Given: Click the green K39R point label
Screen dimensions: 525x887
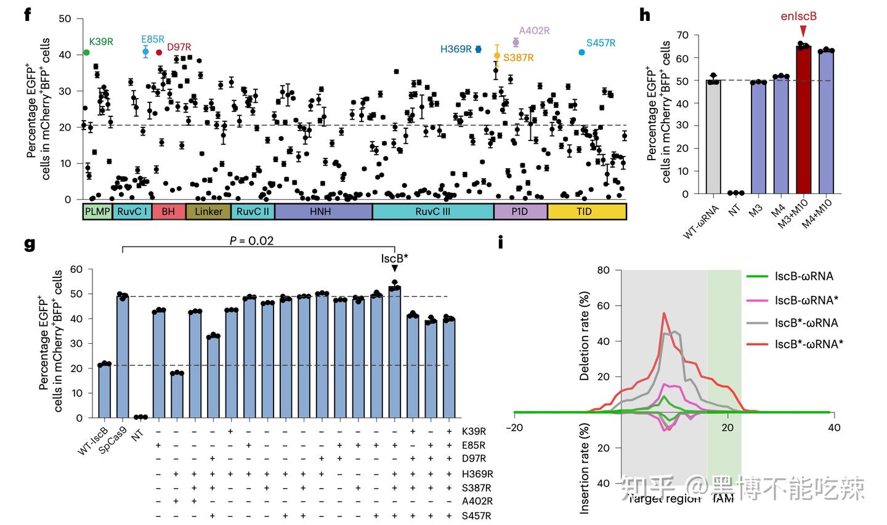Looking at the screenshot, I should click(101, 42).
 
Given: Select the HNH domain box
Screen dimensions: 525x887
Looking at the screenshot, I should click(323, 211).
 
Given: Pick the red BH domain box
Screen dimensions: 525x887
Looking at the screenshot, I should click(168, 211).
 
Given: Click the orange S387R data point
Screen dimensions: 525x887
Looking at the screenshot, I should click(496, 55).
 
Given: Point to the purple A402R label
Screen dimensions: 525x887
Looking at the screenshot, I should click(534, 31).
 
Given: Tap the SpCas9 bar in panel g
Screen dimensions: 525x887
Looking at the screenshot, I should click(123, 357).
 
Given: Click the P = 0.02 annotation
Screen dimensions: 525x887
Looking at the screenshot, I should click(251, 240).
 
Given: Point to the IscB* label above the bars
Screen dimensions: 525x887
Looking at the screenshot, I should click(394, 259).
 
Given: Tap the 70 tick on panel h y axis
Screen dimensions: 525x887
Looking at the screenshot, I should click(682, 35).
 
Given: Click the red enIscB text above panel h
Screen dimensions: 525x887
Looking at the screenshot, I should click(798, 17).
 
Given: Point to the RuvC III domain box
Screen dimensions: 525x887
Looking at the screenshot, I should click(432, 211).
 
